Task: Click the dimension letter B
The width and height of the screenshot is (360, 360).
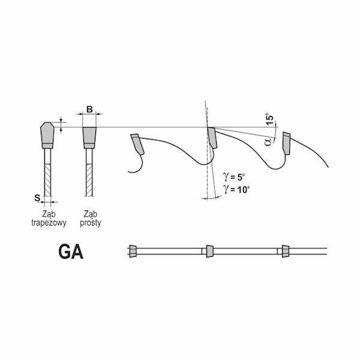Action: (89, 110)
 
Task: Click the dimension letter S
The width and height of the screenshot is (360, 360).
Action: (37, 198)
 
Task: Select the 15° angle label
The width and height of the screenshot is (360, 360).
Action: (271, 119)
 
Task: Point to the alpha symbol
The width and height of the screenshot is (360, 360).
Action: (268, 142)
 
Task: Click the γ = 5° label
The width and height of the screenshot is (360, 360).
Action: (235, 177)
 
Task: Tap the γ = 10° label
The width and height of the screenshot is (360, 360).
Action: (236, 190)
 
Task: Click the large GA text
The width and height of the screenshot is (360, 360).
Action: (71, 252)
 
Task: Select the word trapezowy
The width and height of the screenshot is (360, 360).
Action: (49, 223)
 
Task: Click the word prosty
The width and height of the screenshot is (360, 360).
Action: (91, 223)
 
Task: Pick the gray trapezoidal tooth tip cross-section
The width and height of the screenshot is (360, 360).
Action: (47, 135)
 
